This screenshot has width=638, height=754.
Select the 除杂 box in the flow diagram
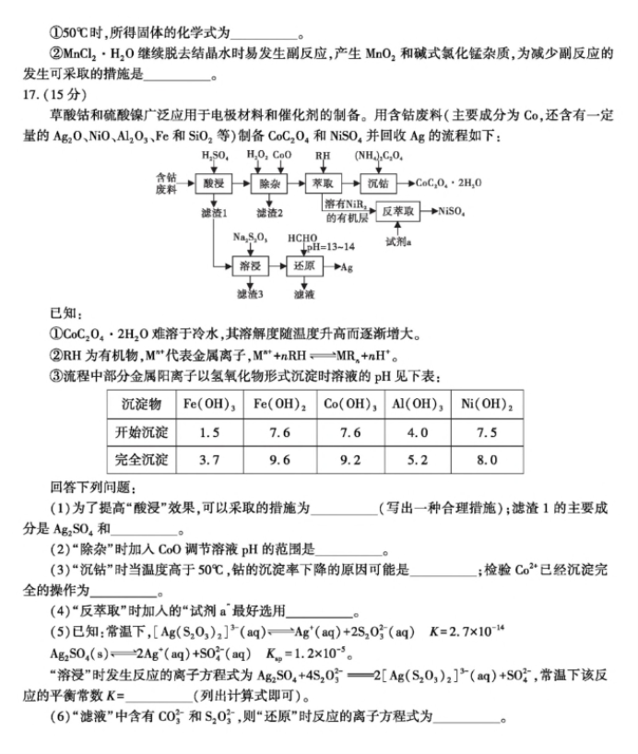click(x=269, y=183)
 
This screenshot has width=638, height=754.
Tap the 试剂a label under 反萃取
click(x=400, y=241)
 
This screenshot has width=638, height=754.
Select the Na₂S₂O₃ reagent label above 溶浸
click(x=250, y=238)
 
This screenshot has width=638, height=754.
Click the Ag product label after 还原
click(x=348, y=267)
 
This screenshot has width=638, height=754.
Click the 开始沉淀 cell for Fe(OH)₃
click(x=207, y=431)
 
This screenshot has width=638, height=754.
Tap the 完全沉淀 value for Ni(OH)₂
click(x=489, y=459)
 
